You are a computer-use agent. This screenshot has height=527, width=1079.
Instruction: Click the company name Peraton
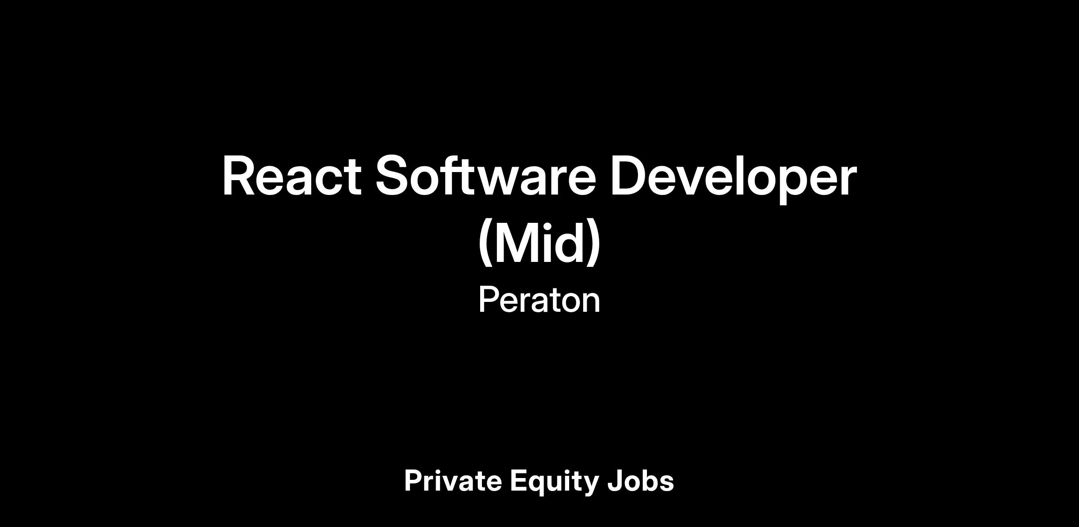[539, 300]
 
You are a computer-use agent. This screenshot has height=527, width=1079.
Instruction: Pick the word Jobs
[641, 481]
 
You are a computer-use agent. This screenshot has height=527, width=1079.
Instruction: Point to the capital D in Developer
[631, 176]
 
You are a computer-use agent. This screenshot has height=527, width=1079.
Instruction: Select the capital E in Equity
[519, 481]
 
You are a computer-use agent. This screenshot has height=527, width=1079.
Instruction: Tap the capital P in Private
[414, 481]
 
